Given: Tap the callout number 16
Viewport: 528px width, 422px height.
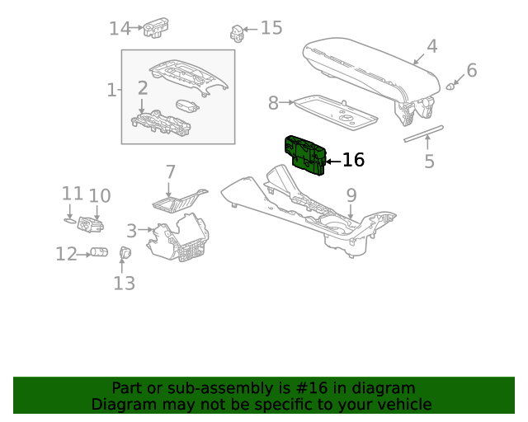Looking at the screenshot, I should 353,160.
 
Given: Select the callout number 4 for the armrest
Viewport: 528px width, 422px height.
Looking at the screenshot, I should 431,46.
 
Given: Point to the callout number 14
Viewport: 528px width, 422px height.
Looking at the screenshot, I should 120,29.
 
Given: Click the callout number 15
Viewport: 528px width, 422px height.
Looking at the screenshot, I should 271,28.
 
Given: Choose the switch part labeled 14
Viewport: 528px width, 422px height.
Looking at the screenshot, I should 153,28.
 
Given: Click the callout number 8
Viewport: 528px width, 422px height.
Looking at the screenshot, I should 273,103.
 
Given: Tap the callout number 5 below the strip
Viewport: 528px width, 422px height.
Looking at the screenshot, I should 429,161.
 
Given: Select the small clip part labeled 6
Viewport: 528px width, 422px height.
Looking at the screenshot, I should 452,84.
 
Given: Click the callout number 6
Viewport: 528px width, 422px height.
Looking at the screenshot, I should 472,70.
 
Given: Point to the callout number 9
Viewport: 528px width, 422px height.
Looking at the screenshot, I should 351,195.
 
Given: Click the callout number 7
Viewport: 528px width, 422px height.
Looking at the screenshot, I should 170,172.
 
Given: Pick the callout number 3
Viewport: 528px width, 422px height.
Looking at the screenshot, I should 132,231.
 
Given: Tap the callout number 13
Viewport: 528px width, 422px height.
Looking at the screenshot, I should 124,284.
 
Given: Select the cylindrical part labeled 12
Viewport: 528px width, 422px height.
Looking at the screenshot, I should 100,252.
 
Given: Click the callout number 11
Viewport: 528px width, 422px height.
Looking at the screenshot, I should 73,194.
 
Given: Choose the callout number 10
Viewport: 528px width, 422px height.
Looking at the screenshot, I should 99,195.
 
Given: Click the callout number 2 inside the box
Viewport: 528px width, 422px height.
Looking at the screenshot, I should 143,88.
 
